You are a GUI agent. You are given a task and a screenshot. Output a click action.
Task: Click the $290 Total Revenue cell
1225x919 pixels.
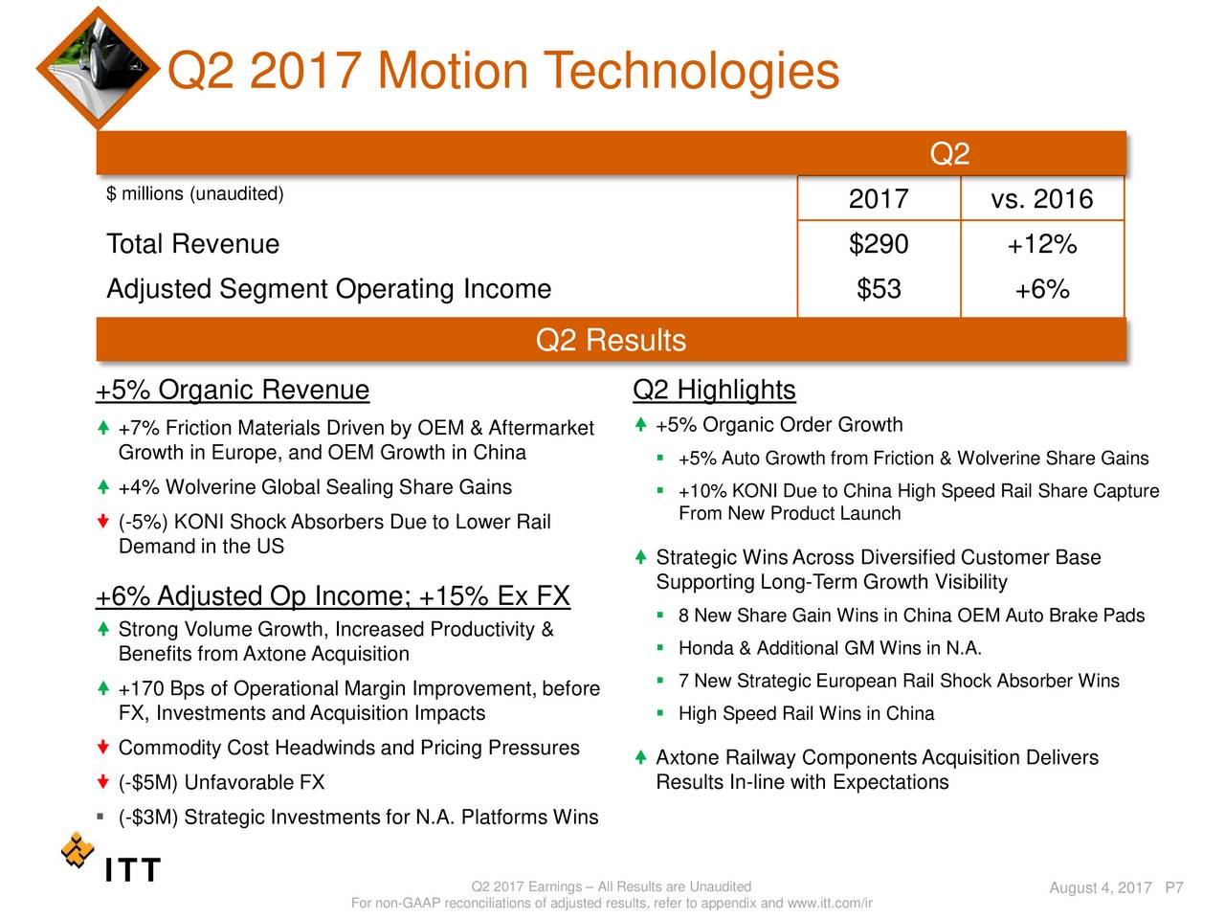coord(879,244)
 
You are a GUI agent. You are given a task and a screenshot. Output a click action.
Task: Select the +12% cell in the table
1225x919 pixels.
coord(1042,244)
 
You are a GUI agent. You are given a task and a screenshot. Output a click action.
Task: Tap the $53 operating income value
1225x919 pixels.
coord(879,289)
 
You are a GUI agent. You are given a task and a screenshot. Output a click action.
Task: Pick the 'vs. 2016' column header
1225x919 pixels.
coord(1042,199)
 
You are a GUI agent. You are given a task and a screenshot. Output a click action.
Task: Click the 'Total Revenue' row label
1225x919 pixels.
coord(192,244)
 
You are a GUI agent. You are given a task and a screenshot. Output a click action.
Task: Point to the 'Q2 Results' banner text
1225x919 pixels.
coord(611,340)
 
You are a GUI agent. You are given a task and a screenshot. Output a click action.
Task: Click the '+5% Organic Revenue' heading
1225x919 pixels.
coord(233,390)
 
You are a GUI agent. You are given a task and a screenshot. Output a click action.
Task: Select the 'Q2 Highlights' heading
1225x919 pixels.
coord(714,390)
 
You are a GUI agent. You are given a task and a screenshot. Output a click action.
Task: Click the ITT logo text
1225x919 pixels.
coord(133,869)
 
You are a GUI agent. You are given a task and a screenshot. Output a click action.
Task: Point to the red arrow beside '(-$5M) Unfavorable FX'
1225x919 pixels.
coord(102,781)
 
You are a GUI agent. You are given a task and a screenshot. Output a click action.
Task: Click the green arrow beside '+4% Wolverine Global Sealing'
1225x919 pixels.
coord(102,486)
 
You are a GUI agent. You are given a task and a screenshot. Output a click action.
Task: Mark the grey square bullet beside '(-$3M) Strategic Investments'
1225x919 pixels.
coord(100,817)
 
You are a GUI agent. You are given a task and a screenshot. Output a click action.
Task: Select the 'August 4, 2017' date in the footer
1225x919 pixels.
coord(1101,887)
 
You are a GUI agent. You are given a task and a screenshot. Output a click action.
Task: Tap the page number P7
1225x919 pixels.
coord(1174,887)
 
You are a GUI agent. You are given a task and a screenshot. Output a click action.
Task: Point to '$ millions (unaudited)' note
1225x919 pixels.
coord(195,193)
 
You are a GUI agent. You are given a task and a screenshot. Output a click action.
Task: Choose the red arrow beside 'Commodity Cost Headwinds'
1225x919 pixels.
coord(102,747)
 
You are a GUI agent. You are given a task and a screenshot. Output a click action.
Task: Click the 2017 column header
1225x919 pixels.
coord(879,199)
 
